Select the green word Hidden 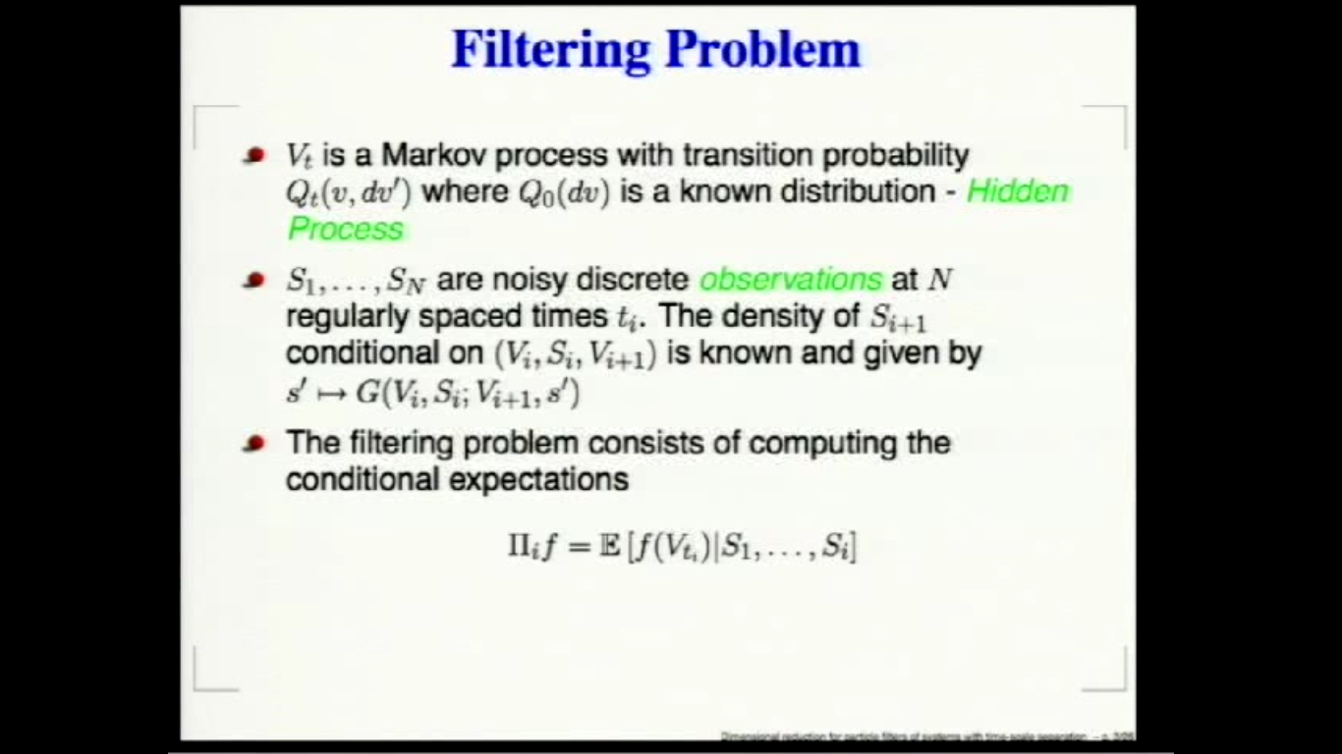(1018, 191)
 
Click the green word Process (346, 229)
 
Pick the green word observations (791, 280)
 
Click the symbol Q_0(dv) (565, 192)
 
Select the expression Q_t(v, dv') (348, 192)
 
